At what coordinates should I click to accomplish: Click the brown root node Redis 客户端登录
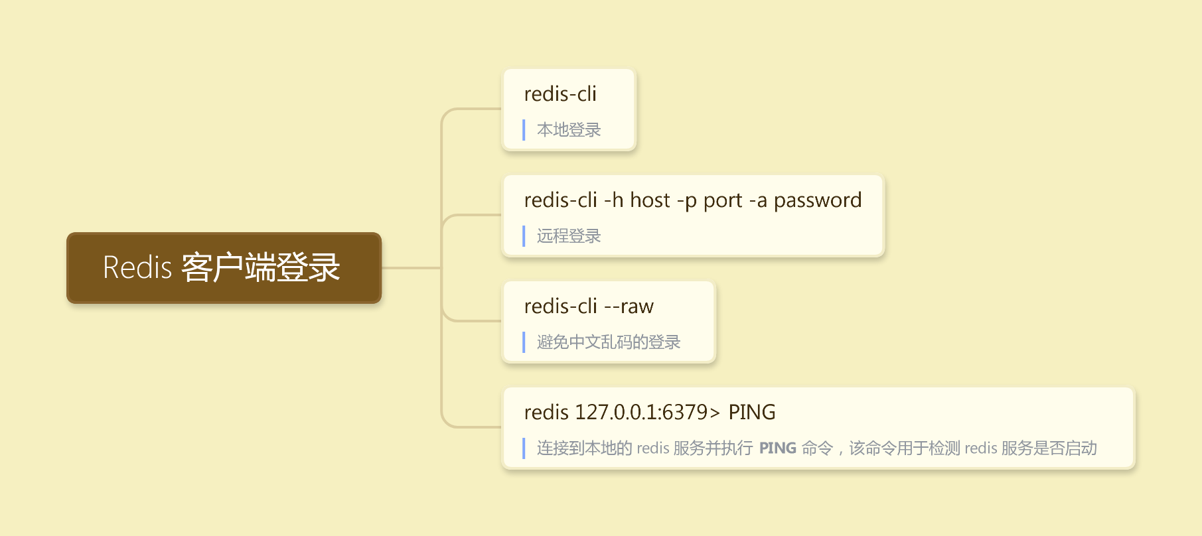[224, 268]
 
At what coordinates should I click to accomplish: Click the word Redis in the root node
[137, 268]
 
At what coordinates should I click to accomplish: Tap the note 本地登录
[569, 130]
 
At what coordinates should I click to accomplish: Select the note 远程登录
[569, 236]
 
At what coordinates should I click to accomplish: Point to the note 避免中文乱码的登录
[609, 342]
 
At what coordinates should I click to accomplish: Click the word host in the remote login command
[650, 200]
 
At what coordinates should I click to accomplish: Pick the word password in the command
[818, 200]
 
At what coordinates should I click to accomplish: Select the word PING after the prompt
[752, 413]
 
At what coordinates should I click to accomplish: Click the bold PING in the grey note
[777, 448]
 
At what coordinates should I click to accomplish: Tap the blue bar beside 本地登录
[524, 130]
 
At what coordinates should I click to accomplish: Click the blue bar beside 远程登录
[524, 236]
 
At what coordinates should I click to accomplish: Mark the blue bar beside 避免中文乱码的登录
[524, 342]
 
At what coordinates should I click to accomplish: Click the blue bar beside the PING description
[524, 448]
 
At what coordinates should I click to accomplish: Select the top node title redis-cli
[560, 94]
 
